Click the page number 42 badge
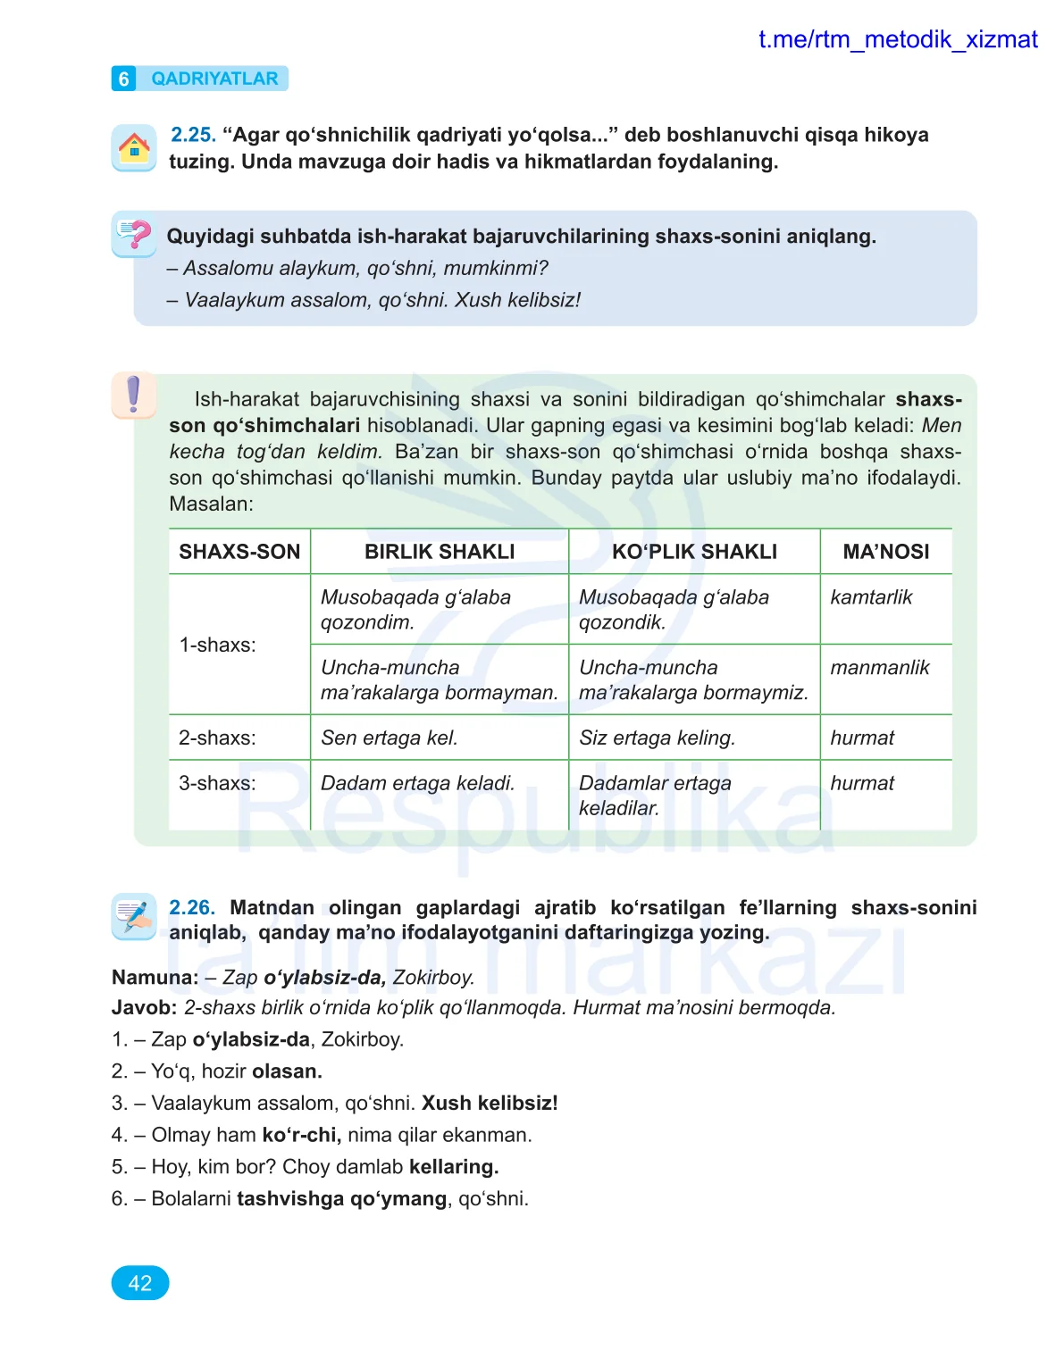(x=139, y=1283)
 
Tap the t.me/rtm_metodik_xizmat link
(x=897, y=40)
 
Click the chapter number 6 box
(x=123, y=79)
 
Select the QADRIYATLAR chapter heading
(x=214, y=79)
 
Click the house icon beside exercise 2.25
(x=134, y=147)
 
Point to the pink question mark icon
(x=134, y=235)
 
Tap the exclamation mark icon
(x=134, y=394)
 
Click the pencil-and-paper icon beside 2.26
(x=134, y=916)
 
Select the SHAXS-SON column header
(x=239, y=552)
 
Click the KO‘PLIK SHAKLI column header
(x=694, y=552)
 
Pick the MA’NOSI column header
(x=885, y=552)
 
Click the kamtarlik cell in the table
(x=871, y=597)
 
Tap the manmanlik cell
(x=879, y=668)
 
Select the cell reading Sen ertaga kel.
(x=390, y=738)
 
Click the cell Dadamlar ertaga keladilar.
(x=655, y=796)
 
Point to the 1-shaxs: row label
(x=217, y=645)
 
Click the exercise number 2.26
(x=191, y=908)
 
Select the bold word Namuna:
(x=155, y=978)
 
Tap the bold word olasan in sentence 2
(x=285, y=1071)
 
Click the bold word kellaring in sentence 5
(x=452, y=1167)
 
